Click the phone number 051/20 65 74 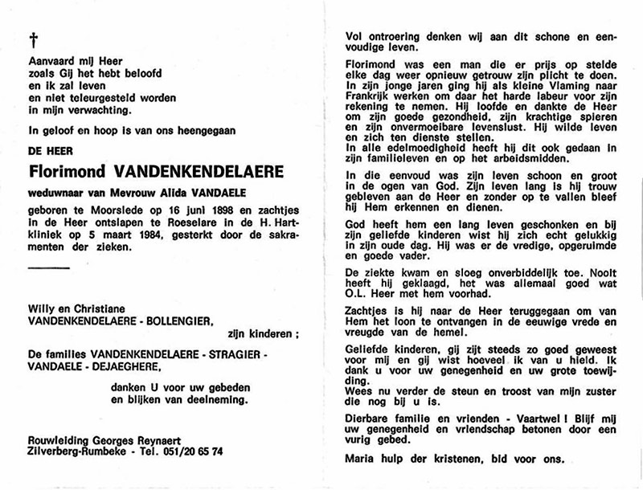click(191, 451)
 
